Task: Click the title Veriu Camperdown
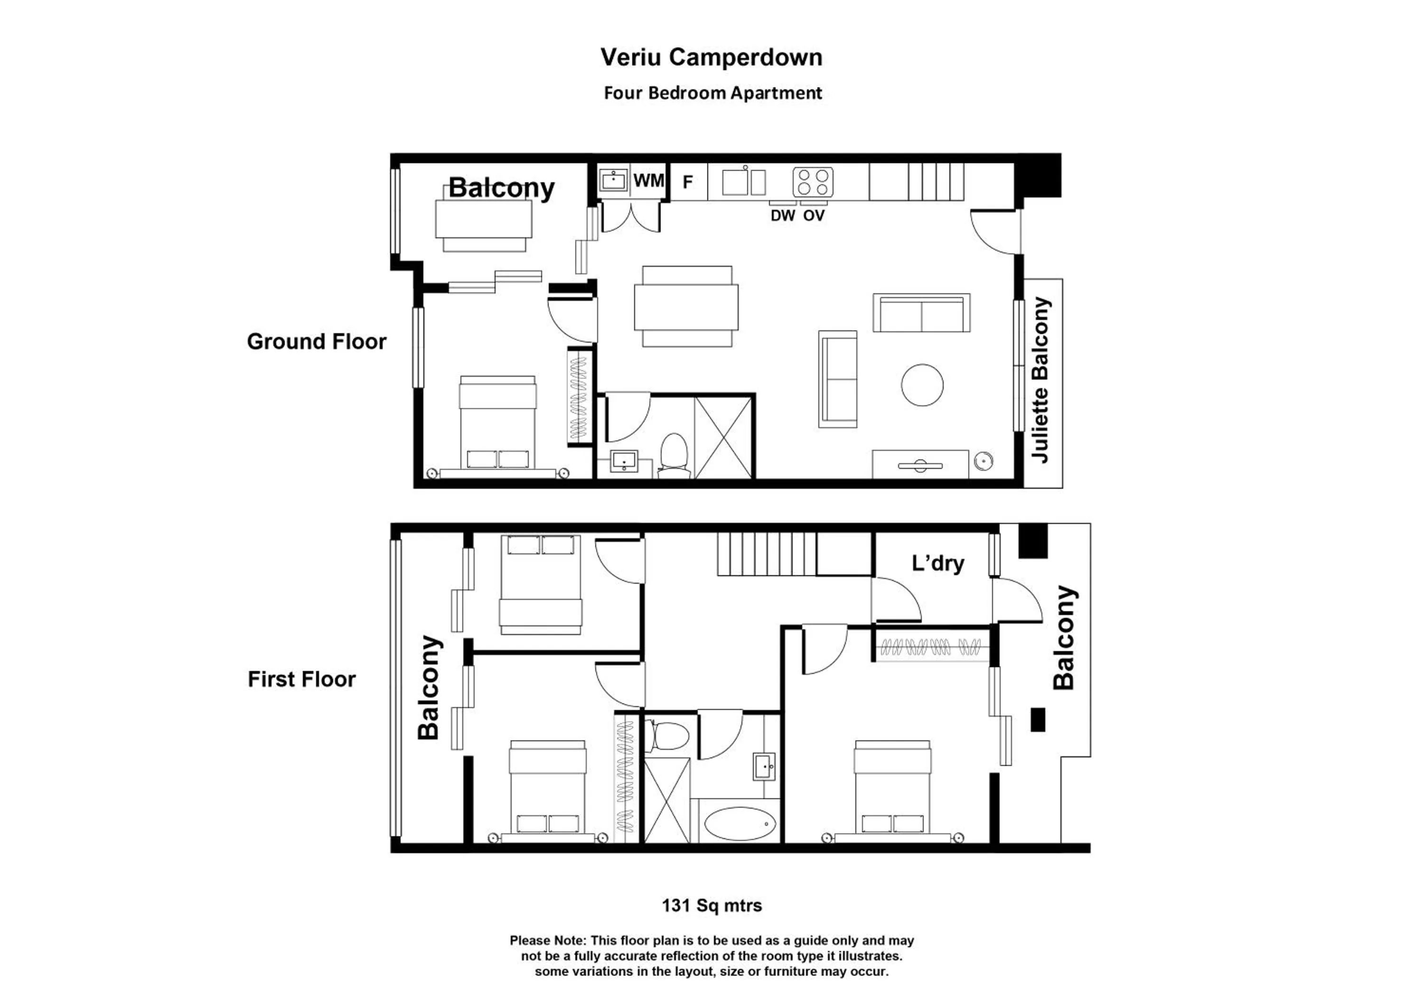[712, 57]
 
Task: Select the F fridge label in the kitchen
[687, 182]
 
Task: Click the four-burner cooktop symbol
[813, 182]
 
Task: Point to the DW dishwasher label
[783, 216]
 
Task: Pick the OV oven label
[814, 216]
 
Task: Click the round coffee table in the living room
[922, 385]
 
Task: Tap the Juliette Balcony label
[1041, 380]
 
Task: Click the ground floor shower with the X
[723, 438]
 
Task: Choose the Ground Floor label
[316, 342]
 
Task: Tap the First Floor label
[301, 679]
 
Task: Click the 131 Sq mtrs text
[712, 905]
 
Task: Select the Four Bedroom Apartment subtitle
[712, 93]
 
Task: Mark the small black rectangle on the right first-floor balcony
[1038, 719]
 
